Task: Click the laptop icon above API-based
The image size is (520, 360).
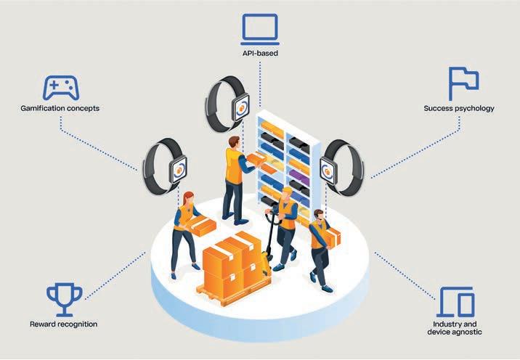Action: [x=259, y=28]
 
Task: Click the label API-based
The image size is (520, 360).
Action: [x=260, y=53]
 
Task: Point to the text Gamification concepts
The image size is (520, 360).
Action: [x=60, y=109]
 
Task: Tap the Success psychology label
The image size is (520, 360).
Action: [x=458, y=109]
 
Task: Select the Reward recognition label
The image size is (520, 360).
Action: [x=64, y=324]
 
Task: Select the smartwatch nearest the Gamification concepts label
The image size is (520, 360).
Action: [x=166, y=168]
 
